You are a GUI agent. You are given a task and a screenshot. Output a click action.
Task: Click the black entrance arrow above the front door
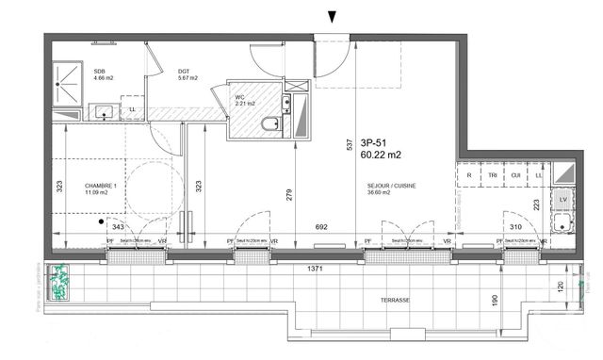click(330, 16)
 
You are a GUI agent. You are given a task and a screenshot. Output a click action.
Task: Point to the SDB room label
click(99, 71)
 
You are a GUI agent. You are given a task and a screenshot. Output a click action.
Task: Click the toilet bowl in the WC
click(269, 123)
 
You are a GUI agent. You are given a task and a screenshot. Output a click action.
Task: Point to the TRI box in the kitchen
click(491, 174)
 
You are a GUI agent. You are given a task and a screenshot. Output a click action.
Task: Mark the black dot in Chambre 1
click(101, 223)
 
